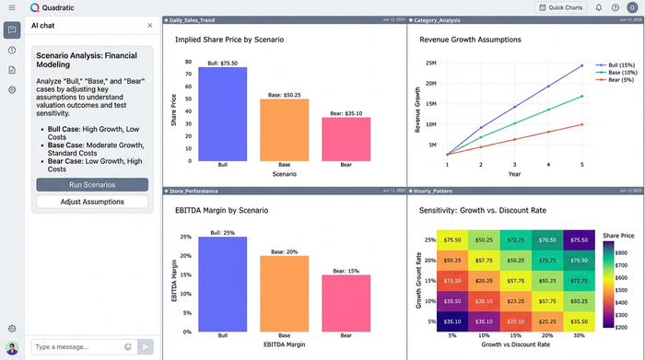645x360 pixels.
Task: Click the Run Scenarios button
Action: point(92,185)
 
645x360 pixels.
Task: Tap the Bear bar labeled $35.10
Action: point(346,139)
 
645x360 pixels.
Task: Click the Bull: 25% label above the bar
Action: point(222,231)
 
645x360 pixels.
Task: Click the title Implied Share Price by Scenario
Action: point(229,41)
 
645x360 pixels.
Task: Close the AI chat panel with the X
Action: point(150,26)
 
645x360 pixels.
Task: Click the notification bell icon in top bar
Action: point(599,7)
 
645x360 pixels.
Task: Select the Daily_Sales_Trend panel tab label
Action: point(193,18)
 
